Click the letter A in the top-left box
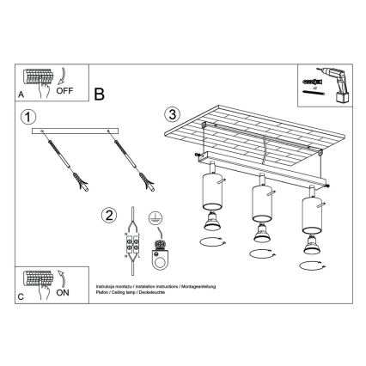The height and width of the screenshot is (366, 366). [x=20, y=94]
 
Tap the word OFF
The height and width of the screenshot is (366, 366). [x=64, y=88]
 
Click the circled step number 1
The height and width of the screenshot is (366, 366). [x=28, y=117]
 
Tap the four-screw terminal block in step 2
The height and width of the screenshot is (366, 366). [x=131, y=247]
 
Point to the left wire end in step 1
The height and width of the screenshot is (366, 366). [x=83, y=183]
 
